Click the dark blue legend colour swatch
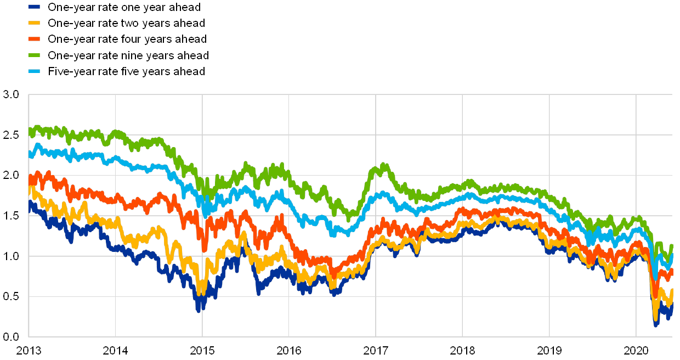coord(34,7)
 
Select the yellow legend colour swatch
coord(34,23)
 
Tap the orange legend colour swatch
coord(34,39)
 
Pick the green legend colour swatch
coord(34,55)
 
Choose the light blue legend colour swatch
coord(34,71)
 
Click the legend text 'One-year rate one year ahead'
coord(123,7)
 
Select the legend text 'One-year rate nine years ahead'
coord(128,55)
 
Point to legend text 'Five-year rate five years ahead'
coord(126,71)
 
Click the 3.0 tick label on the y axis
coord(12,94)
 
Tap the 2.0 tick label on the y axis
coord(12,175)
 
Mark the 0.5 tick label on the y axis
coord(12,296)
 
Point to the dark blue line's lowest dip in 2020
coord(656,324)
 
